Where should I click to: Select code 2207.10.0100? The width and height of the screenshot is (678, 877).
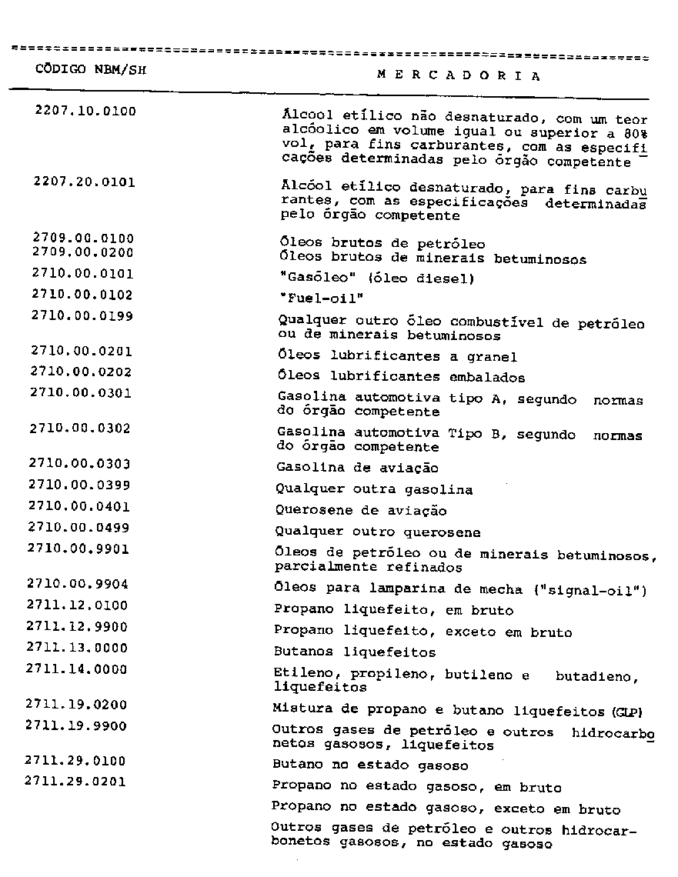[x=85, y=111]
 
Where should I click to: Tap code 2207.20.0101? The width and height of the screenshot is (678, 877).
[x=85, y=185]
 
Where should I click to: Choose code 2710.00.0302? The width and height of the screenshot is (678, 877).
[x=80, y=428]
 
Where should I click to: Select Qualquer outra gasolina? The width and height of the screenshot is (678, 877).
[x=374, y=489]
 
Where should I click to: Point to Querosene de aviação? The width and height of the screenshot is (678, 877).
[x=361, y=511]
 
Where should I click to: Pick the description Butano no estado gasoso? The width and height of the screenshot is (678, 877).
[x=370, y=766]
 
